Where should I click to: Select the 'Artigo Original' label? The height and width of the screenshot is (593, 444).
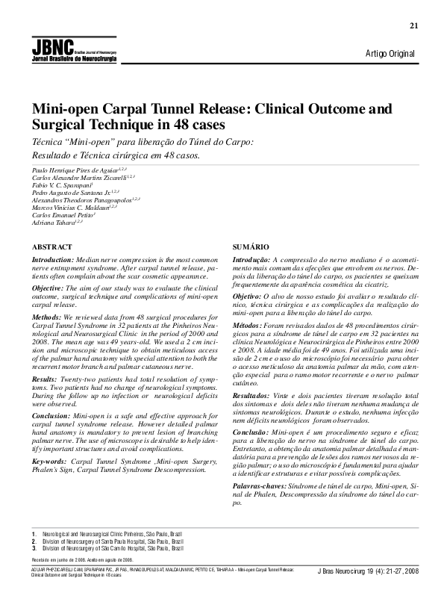pyautogui.click(x=390, y=53)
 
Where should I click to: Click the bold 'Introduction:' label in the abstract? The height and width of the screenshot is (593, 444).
pyautogui.click(x=53, y=259)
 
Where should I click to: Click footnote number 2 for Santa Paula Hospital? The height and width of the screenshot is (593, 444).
pyautogui.click(x=33, y=541)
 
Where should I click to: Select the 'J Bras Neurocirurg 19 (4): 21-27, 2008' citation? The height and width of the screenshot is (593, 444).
pyautogui.click(x=368, y=571)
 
